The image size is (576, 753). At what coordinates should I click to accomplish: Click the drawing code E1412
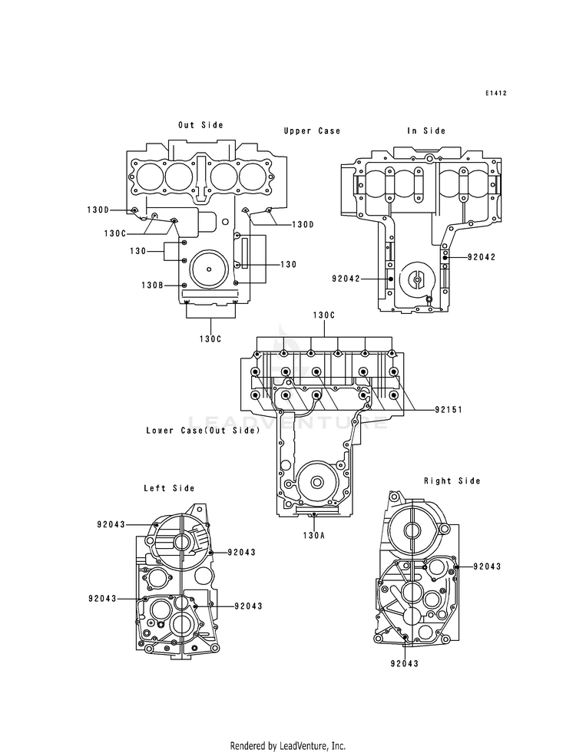point(495,93)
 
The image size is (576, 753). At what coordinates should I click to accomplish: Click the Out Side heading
point(200,125)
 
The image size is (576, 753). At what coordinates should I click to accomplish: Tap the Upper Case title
point(312,130)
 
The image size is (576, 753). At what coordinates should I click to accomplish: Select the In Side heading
point(426,130)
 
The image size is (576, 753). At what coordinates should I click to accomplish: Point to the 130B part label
point(152,285)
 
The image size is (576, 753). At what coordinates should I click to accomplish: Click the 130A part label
point(313,535)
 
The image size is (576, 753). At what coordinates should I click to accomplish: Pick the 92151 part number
point(449,410)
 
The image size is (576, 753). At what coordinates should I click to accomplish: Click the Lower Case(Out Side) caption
point(203,431)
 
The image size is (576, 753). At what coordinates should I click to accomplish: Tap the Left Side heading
point(169,488)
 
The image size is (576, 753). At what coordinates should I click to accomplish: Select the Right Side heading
point(452,481)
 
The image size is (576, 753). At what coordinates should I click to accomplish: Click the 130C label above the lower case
point(324,315)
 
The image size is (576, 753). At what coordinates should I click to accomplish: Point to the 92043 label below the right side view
point(405,663)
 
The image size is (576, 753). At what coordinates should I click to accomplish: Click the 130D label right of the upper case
point(303,224)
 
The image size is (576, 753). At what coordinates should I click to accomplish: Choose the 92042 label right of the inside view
point(482,257)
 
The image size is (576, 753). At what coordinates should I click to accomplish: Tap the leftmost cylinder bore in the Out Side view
point(150,177)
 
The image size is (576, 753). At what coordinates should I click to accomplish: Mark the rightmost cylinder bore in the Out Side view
point(253,177)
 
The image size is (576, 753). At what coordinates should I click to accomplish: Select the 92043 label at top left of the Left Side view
point(111,524)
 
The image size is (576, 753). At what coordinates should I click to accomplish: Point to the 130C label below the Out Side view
point(210,339)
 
